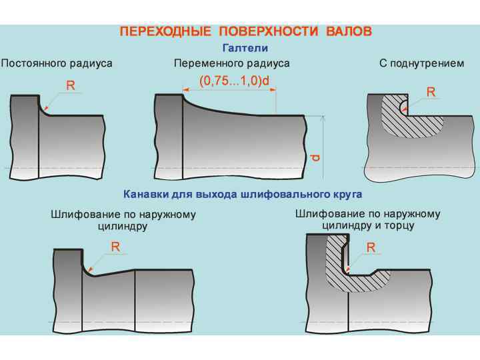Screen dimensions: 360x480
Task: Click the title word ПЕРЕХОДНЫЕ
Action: (158, 31)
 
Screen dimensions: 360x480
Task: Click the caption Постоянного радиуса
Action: (56, 63)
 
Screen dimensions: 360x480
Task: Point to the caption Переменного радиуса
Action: (231, 63)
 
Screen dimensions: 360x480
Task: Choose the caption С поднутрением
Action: (421, 63)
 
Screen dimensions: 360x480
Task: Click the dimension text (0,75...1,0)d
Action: (234, 81)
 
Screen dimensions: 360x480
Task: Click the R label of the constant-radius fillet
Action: (71, 85)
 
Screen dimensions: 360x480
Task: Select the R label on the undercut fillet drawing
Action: (431, 92)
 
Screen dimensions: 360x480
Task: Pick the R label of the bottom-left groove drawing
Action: (115, 246)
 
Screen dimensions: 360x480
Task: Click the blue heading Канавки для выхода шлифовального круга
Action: (243, 195)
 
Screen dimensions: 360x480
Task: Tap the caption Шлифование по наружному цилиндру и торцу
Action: (367, 219)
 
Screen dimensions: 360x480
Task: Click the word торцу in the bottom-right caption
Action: (399, 225)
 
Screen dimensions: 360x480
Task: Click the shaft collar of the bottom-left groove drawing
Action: (68, 283)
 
